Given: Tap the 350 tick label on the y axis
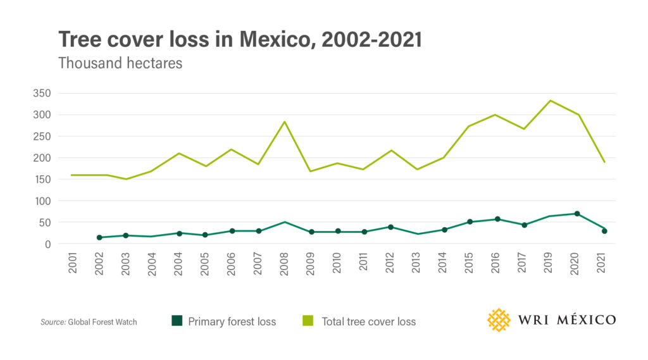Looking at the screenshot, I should click(42, 94).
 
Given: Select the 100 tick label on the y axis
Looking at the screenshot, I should click(42, 201).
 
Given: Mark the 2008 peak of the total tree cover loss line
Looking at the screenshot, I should click(285, 121).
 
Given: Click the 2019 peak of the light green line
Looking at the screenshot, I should click(550, 101).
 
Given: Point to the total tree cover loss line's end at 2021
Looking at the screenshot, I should click(604, 162).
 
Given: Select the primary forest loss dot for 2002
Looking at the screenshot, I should click(99, 238).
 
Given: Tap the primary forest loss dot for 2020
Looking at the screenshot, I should click(576, 214).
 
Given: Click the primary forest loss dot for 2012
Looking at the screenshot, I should click(390, 227).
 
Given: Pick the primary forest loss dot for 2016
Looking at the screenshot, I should click(497, 219).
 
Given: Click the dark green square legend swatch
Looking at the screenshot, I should click(177, 321).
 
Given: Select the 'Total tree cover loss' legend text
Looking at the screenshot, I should click(368, 321).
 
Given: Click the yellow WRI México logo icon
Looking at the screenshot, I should click(499, 320).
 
